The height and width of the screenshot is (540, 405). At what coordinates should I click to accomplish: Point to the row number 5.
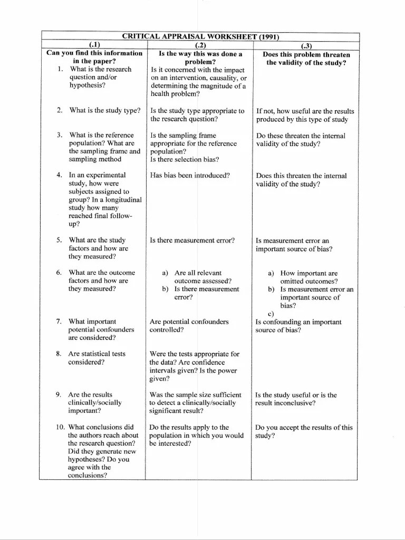click(x=60, y=240)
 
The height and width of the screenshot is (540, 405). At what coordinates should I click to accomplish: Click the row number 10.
click(x=60, y=428)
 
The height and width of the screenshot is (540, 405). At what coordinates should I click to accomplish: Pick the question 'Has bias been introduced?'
click(x=189, y=176)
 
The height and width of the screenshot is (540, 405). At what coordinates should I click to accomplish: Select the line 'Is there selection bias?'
click(x=184, y=159)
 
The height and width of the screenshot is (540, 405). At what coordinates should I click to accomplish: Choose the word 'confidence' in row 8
click(x=207, y=362)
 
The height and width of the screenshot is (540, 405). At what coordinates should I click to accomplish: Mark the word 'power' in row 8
click(x=226, y=371)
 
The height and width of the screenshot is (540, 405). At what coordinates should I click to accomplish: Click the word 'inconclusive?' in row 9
click(x=293, y=403)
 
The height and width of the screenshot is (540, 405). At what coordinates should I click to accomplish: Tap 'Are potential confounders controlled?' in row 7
click(x=189, y=325)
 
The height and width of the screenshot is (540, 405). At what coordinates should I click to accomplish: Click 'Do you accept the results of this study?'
click(x=304, y=431)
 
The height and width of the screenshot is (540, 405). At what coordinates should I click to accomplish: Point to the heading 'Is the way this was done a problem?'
click(x=200, y=57)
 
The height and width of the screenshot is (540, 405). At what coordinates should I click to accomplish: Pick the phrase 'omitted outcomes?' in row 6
click(x=309, y=281)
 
